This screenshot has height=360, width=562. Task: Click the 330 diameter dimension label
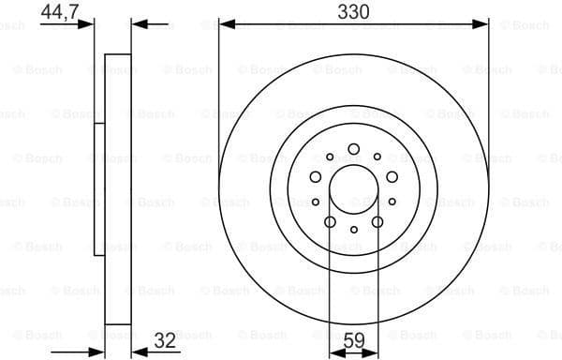(353, 11)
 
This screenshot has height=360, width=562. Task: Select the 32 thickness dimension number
(165, 341)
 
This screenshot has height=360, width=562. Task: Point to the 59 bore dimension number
(353, 341)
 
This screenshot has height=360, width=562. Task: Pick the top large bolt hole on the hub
(353, 149)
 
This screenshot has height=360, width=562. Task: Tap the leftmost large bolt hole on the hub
(316, 176)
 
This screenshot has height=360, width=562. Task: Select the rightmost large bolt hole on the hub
(391, 176)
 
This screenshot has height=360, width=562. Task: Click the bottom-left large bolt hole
(330, 221)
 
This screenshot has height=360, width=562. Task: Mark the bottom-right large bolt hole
(377, 221)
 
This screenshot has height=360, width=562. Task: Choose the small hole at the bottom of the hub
(353, 230)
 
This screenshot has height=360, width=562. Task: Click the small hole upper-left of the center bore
(330, 157)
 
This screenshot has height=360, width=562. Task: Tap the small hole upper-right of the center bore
(377, 157)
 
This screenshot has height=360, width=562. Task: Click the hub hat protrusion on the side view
(98, 187)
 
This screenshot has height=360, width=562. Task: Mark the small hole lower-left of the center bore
(316, 202)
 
